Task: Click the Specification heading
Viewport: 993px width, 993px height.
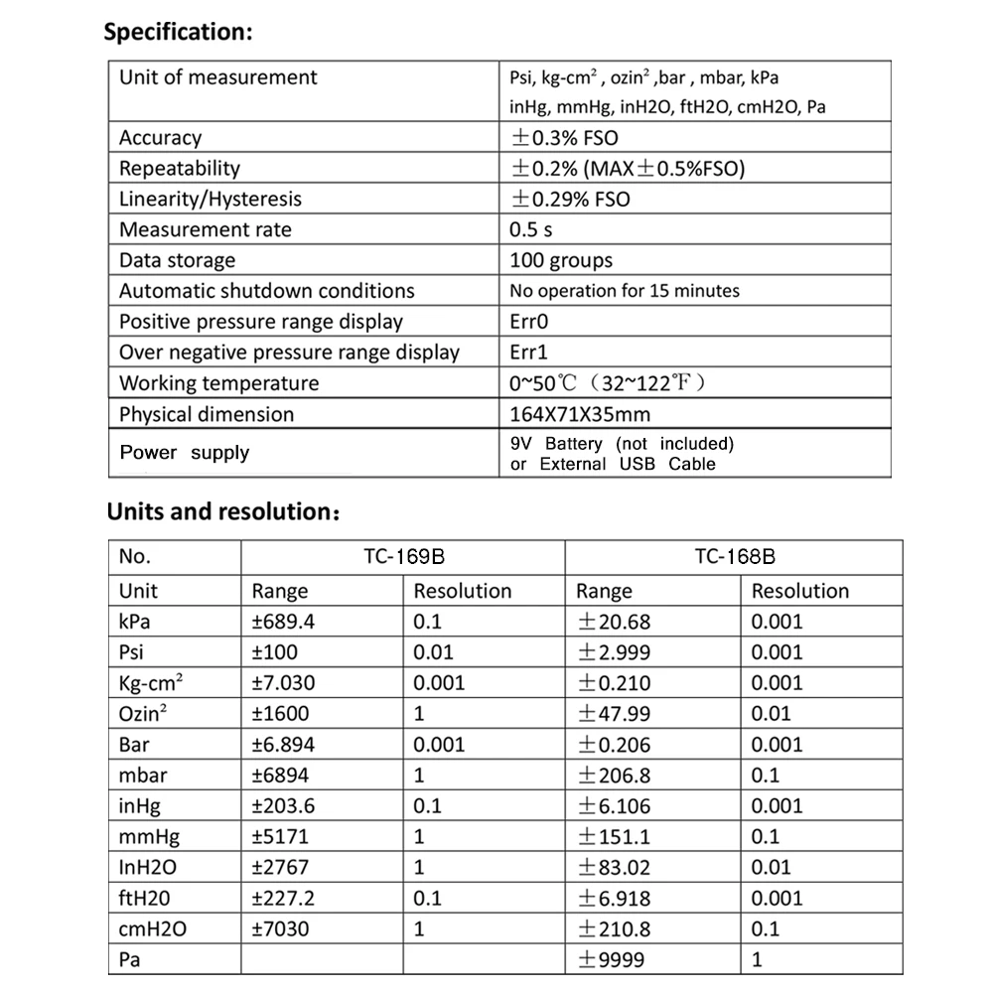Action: click(179, 32)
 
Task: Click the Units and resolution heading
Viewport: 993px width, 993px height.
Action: click(224, 512)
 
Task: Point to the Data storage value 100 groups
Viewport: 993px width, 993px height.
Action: click(561, 260)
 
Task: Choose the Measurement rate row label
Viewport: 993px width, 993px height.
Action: click(206, 229)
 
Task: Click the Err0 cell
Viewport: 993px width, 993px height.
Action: click(528, 322)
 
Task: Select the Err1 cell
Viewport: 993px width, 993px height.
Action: click(528, 353)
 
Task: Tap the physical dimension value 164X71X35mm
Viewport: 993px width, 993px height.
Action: click(580, 414)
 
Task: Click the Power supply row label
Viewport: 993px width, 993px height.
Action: click(185, 453)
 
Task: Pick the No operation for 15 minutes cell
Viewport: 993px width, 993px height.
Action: click(625, 291)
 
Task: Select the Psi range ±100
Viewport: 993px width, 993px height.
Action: click(275, 652)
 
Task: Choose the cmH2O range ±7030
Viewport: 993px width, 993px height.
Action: click(280, 929)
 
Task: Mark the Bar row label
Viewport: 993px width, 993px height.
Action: click(135, 745)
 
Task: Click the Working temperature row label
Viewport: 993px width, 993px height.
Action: click(219, 383)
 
